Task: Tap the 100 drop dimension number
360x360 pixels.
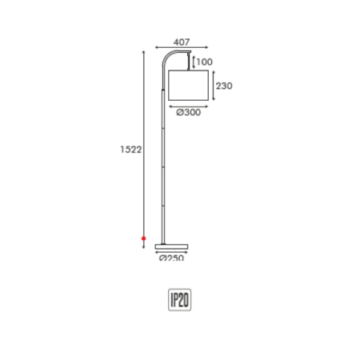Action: tap(204, 62)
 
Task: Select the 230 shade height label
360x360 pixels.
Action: tap(224, 86)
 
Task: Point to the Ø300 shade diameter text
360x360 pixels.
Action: tap(188, 113)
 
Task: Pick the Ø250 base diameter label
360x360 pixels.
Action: tap(171, 258)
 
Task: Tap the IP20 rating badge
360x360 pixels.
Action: tap(180, 299)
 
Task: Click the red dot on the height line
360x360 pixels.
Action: tap(143, 238)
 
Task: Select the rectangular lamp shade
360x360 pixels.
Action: tap(188, 86)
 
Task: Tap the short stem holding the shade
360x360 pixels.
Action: tap(190, 61)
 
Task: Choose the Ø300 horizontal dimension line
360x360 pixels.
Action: tap(188, 105)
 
